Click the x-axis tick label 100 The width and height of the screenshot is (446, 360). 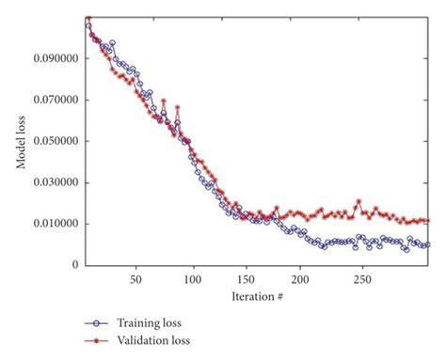(x=193, y=279)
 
